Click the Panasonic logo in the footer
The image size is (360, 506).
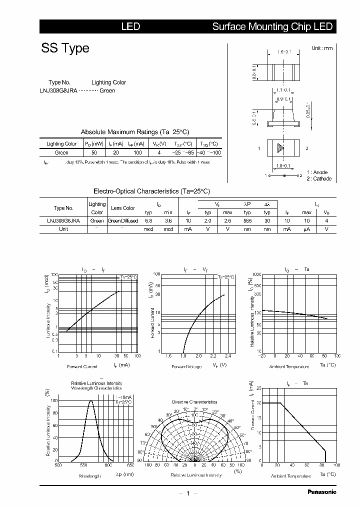click(x=321, y=492)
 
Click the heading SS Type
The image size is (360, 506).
click(x=65, y=48)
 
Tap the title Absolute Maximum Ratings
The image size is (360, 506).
click(x=135, y=132)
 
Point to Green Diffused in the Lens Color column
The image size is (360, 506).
click(x=123, y=220)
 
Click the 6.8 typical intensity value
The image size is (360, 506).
click(x=148, y=220)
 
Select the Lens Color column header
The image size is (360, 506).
click(x=123, y=208)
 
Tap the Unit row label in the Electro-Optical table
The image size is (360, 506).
click(x=63, y=229)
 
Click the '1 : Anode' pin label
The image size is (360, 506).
click(x=317, y=172)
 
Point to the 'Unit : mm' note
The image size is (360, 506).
click(x=321, y=48)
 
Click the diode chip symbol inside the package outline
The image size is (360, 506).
click(x=280, y=148)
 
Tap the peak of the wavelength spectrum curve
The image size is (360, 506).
click(x=91, y=400)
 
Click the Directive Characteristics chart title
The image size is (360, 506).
click(x=194, y=402)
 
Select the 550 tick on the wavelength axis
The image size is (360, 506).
click(x=82, y=465)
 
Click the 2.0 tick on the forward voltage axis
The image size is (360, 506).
click(x=198, y=356)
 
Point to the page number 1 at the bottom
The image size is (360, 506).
click(x=187, y=493)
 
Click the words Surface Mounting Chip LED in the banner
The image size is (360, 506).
click(x=272, y=26)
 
